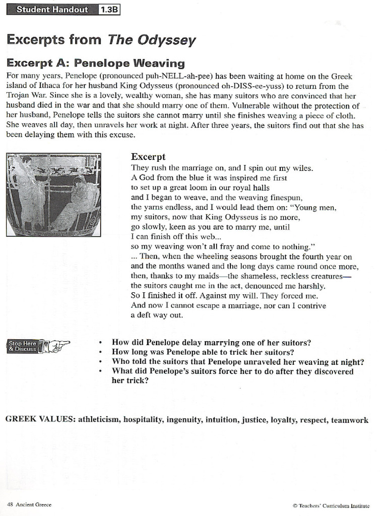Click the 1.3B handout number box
click(x=109, y=9)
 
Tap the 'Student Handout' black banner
click(x=52, y=9)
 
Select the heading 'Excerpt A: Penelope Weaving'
click(x=95, y=63)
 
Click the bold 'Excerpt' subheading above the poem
click(x=148, y=157)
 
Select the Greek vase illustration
click(x=53, y=195)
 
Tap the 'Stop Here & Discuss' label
click(x=23, y=346)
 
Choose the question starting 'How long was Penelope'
click(x=203, y=352)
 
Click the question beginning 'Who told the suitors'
click(x=237, y=362)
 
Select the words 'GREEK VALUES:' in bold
click(x=41, y=420)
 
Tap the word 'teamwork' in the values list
click(x=349, y=420)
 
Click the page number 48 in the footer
click(x=10, y=504)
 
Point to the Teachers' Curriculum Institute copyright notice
click(x=331, y=505)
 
